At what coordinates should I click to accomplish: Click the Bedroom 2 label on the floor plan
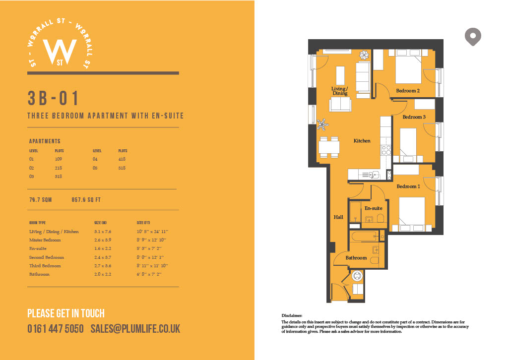pos(408,91)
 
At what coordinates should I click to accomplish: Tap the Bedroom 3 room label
pos(414,117)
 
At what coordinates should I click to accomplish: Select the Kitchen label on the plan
pos(362,141)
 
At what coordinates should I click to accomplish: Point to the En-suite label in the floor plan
pos(373,208)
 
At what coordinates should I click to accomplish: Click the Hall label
pos(338,217)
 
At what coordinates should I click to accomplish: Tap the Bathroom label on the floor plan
pos(356,258)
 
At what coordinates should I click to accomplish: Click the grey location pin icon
pos(473,37)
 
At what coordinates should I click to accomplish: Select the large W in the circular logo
pos(60,51)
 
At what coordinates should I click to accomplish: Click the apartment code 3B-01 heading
pos(53,98)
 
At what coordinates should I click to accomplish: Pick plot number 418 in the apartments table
pos(122,159)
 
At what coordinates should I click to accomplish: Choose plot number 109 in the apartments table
pos(59,159)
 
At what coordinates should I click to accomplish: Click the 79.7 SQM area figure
pos(41,200)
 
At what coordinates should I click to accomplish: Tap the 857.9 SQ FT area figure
pos(86,200)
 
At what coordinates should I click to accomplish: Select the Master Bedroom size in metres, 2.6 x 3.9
pos(103,240)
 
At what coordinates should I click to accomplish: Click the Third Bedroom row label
pos(45,265)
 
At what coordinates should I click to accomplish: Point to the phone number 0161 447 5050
pos(56,329)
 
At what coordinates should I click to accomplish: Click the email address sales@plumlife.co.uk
pos(135,329)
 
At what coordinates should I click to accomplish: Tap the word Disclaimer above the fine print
pos(292,315)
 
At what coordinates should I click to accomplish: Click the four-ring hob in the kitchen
pos(386,150)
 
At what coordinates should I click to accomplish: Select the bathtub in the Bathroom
pos(364,237)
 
